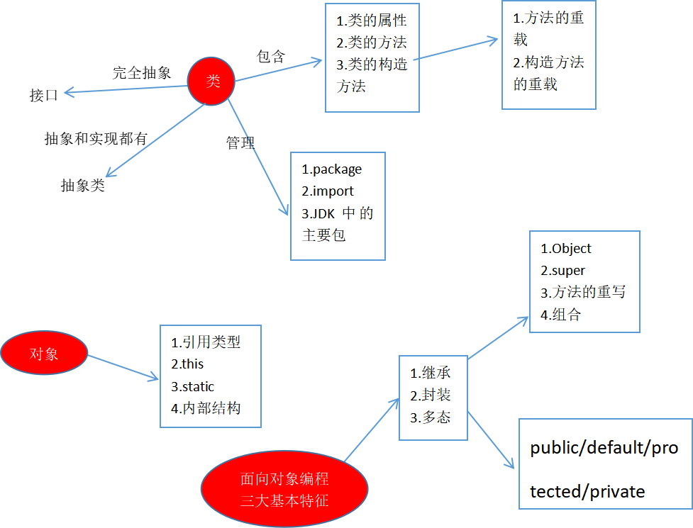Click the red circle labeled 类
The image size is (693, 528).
(212, 82)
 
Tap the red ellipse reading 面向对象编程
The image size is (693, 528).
(284, 490)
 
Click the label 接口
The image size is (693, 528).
(44, 96)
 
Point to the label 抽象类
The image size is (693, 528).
(82, 186)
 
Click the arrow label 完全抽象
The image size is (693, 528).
(142, 72)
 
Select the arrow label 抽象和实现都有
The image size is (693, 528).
(96, 139)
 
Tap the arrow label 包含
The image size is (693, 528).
(271, 57)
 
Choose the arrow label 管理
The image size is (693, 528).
(240, 142)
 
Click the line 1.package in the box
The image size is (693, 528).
(332, 169)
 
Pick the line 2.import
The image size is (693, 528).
(328, 191)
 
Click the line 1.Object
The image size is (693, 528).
(566, 249)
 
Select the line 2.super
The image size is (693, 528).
(563, 270)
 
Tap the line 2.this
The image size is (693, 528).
(187, 364)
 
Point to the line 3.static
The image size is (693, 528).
(192, 386)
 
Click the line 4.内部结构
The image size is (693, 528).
(206, 408)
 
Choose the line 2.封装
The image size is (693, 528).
(431, 395)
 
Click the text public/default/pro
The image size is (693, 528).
(604, 448)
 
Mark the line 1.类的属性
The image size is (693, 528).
(372, 21)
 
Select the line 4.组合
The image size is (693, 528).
(560, 315)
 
